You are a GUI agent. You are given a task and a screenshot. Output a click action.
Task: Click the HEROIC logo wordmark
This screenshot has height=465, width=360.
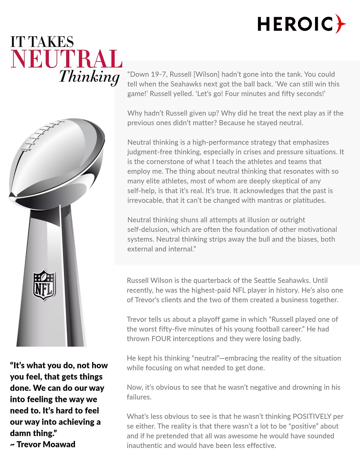(295, 24)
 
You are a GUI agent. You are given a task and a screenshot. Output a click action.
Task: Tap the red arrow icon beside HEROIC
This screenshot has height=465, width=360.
(341, 24)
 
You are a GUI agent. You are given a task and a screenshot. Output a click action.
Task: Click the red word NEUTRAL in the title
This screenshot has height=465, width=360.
(66, 59)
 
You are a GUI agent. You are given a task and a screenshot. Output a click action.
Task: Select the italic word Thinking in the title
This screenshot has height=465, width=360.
(89, 76)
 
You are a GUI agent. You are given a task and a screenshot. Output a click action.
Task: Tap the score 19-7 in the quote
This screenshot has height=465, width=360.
(157, 74)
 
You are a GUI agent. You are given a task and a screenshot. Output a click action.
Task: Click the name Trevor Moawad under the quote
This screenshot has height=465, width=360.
(46, 444)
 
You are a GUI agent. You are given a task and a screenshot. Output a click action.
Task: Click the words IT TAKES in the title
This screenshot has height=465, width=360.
(42, 42)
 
